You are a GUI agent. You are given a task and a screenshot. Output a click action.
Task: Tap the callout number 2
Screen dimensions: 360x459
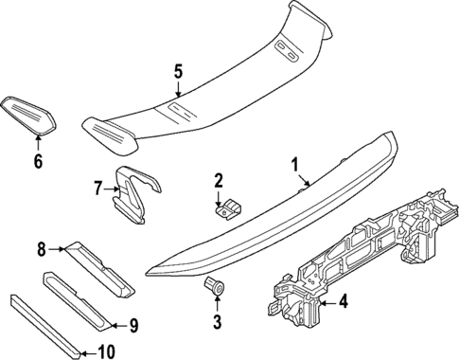pyautogui.click(x=219, y=180)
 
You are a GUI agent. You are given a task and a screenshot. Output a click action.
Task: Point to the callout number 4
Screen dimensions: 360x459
pyautogui.click(x=344, y=303)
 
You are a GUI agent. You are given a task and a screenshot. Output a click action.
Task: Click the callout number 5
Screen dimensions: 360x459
pyautogui.click(x=178, y=70)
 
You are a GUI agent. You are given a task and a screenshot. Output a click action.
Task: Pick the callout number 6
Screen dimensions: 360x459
pyautogui.click(x=38, y=162)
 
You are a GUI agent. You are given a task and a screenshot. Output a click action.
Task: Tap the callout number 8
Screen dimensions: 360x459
pyautogui.click(x=41, y=249)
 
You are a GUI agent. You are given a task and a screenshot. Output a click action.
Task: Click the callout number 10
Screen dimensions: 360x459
pyautogui.click(x=105, y=352)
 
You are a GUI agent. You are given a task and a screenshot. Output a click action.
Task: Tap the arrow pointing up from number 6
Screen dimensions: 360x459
pyautogui.click(x=38, y=144)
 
